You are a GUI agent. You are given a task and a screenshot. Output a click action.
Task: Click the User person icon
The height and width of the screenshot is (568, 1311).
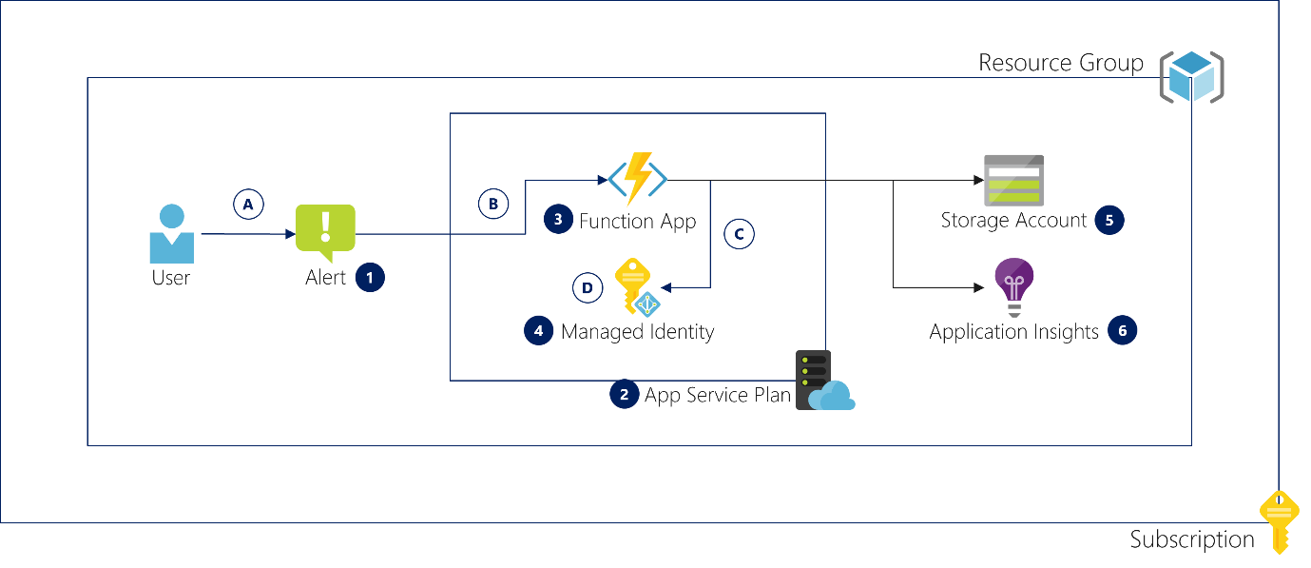[x=171, y=234]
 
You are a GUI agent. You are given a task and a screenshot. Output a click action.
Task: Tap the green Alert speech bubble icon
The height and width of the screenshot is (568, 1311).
[x=325, y=232]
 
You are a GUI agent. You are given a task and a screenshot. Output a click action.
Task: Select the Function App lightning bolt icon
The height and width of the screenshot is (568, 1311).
[x=637, y=179]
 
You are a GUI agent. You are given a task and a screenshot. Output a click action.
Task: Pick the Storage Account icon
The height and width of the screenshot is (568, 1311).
[x=1013, y=180]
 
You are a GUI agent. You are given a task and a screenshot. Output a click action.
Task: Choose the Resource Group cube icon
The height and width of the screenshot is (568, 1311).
[x=1191, y=77]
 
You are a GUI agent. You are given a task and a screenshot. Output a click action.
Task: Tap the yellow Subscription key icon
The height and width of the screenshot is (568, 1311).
[x=1279, y=521]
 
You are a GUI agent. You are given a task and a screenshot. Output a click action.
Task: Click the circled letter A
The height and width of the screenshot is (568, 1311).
[x=248, y=205]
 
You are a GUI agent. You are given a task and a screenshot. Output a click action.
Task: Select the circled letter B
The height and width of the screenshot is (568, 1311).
[x=493, y=204]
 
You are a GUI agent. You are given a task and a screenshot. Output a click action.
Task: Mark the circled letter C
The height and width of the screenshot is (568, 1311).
[x=739, y=234]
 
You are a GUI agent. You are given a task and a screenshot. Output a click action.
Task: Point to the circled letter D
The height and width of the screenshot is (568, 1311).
[x=588, y=287]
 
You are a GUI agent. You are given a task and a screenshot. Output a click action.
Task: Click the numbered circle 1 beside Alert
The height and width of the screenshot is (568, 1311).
[x=370, y=277]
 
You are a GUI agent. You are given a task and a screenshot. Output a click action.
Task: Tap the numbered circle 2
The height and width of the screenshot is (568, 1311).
[x=624, y=394]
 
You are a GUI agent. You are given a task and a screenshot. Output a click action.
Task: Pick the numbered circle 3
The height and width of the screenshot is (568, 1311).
[x=558, y=220]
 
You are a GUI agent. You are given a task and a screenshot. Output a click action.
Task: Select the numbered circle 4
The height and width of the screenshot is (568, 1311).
[x=538, y=330]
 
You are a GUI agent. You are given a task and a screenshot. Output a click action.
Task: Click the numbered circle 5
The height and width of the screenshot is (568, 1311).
[x=1109, y=220]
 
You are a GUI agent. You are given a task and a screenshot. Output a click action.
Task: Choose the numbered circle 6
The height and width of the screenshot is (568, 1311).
[x=1122, y=330]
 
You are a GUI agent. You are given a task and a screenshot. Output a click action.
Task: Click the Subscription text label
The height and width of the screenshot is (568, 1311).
[x=1192, y=539]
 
